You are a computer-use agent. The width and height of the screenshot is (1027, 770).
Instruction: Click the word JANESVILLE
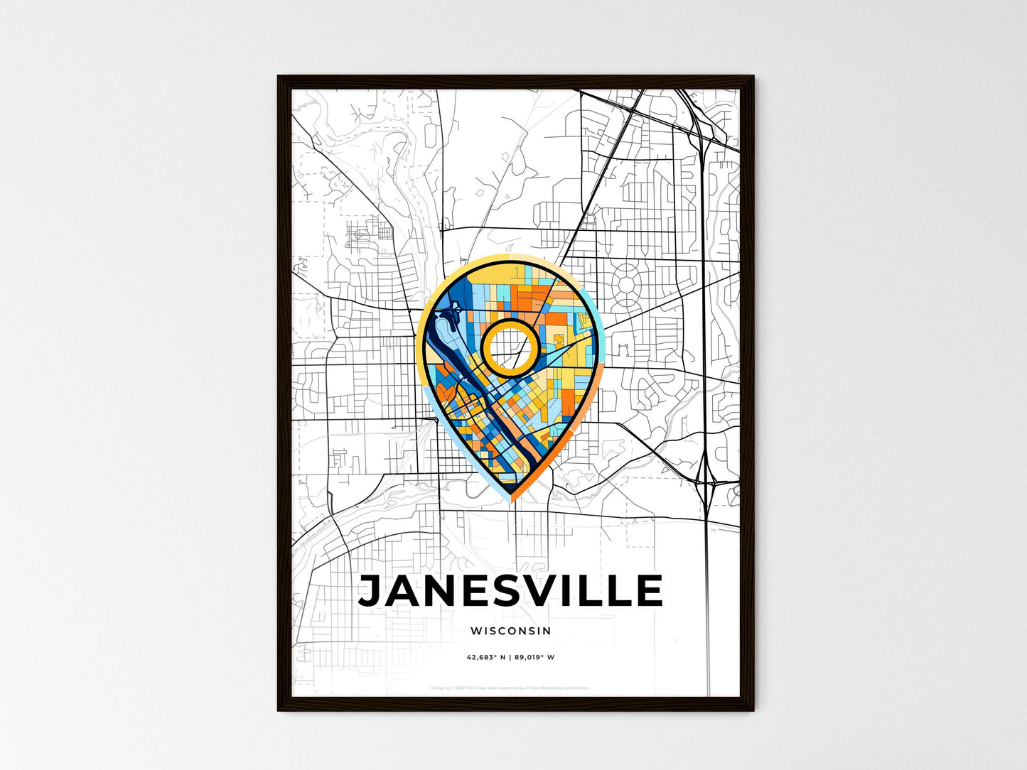coord(510,592)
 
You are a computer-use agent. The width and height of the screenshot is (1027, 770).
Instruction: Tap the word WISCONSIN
coord(510,631)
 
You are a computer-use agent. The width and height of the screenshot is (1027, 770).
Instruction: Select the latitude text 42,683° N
coord(486,658)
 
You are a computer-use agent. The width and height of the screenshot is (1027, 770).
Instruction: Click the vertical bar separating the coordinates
coord(510,658)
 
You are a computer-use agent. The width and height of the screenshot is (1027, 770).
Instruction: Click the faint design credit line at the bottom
coord(510,688)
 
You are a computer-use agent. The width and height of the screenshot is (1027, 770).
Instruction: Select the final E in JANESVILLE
coord(648,592)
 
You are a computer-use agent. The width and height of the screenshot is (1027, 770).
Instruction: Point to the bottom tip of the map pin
coord(510,499)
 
